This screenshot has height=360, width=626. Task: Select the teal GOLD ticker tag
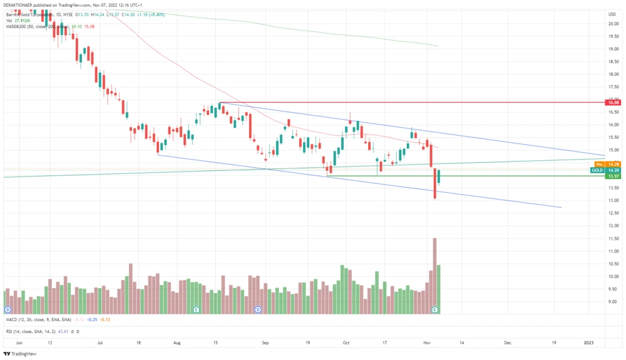tap(597, 170)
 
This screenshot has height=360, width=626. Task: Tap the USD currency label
tap(612, 14)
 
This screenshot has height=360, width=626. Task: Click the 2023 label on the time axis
tap(588, 343)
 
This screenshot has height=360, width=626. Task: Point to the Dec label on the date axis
tap(508, 343)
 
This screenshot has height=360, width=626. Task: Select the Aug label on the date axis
tap(177, 343)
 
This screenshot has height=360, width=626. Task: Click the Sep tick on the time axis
tap(265, 343)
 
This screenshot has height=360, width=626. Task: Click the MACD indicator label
tap(13, 320)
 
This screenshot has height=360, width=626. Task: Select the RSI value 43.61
tap(64, 331)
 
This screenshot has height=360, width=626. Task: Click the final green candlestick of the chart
tap(439, 177)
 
